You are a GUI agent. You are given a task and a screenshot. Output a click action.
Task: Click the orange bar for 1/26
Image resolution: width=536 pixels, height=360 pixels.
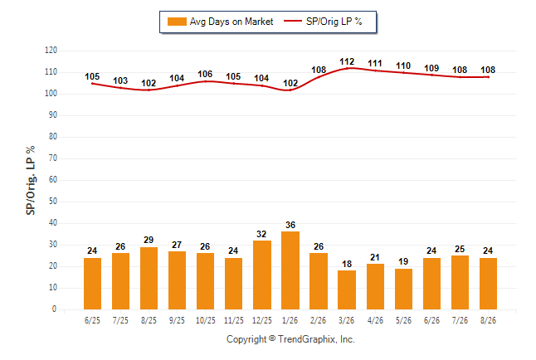(x=290, y=270)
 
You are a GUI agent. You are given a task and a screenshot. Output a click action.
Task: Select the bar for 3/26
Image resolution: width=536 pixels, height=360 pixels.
(x=347, y=290)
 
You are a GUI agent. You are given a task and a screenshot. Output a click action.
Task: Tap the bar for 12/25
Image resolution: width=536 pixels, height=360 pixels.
(x=262, y=275)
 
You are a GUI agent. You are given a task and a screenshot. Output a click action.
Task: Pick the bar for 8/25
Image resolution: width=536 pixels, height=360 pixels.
(x=149, y=278)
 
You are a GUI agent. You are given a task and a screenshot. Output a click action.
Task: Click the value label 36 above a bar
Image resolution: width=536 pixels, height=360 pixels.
(x=290, y=225)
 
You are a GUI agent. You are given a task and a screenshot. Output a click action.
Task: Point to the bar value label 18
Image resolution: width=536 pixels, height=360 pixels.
(x=347, y=264)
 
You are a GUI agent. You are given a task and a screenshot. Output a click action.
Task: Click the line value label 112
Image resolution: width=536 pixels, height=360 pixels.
(x=347, y=61)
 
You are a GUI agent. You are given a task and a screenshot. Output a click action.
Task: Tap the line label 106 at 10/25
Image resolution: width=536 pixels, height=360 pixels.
(x=205, y=74)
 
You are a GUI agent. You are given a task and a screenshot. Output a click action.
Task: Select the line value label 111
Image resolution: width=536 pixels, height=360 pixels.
(x=375, y=63)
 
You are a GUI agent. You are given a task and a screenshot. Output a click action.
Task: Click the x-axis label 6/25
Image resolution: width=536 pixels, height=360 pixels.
(x=92, y=320)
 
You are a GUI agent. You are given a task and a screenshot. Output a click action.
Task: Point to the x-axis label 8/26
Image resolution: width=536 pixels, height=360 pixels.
(x=488, y=320)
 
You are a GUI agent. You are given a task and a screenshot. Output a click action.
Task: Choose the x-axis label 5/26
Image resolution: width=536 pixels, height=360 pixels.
(x=403, y=320)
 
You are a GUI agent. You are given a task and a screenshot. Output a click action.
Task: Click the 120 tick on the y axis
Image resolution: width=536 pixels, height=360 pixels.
(x=51, y=51)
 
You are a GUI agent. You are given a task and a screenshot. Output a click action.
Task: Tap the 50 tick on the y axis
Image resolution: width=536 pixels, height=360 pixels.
(x=53, y=202)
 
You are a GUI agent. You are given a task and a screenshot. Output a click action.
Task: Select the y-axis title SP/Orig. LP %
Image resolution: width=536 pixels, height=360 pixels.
(x=31, y=180)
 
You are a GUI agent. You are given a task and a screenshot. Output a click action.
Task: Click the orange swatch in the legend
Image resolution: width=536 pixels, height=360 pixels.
(x=177, y=22)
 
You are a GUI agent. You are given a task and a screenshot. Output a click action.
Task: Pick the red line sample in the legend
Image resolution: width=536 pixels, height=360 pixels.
(x=293, y=22)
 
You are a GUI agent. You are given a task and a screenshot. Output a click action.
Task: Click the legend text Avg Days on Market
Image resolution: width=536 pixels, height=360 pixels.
(x=231, y=22)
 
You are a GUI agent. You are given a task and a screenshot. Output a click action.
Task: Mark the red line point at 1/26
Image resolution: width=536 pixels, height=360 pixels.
(x=290, y=90)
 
